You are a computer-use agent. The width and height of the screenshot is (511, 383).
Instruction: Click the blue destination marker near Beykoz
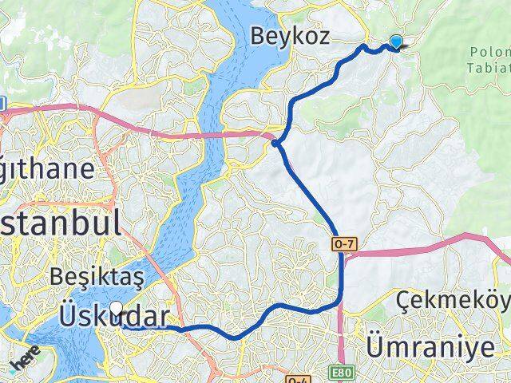[x=395, y=42]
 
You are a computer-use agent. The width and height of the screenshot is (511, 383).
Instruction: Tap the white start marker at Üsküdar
[x=117, y=308]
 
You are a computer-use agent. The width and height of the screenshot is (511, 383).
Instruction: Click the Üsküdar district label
[x=113, y=318]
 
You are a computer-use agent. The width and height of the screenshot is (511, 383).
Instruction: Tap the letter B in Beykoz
[x=257, y=35]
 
